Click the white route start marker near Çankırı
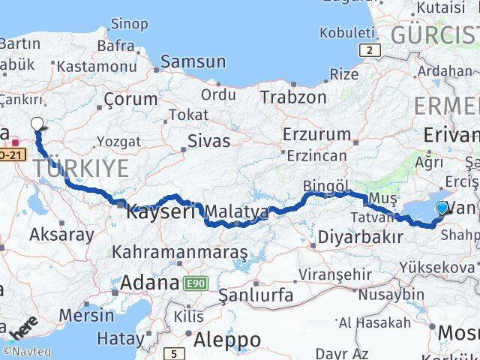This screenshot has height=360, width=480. click(37, 124)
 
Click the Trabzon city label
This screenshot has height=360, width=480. click(293, 97)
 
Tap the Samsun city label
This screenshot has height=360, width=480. click(193, 61)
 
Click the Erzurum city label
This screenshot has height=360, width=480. click(316, 135)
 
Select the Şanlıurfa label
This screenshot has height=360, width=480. click(256, 295)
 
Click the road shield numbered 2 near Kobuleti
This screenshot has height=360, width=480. click(370, 50)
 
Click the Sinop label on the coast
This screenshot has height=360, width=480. click(129, 24)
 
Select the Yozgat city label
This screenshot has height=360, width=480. click(118, 142)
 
